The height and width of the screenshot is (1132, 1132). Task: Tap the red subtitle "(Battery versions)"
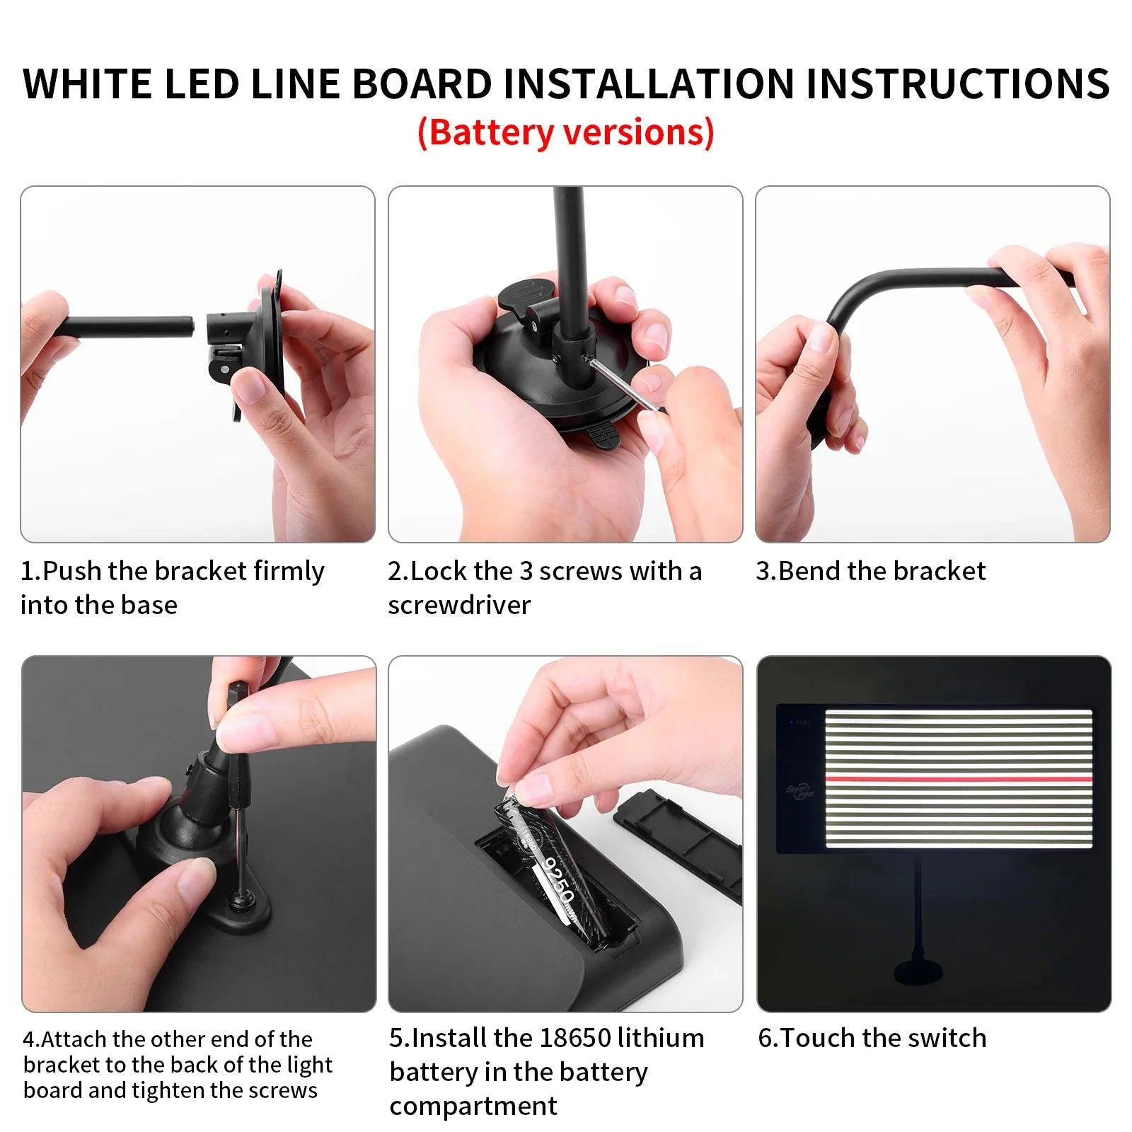tap(565, 132)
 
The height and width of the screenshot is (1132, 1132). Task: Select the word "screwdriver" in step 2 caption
tap(459, 605)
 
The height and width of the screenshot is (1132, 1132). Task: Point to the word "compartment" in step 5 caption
tap(473, 1106)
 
